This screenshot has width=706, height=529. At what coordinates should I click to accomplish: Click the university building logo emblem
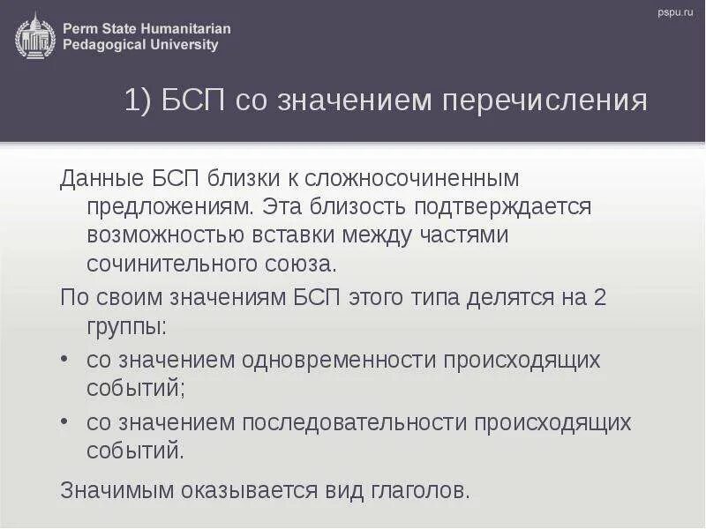click(34, 35)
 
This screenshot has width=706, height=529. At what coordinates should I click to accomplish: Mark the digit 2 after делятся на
click(599, 297)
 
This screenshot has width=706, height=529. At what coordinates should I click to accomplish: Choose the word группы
click(125, 326)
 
